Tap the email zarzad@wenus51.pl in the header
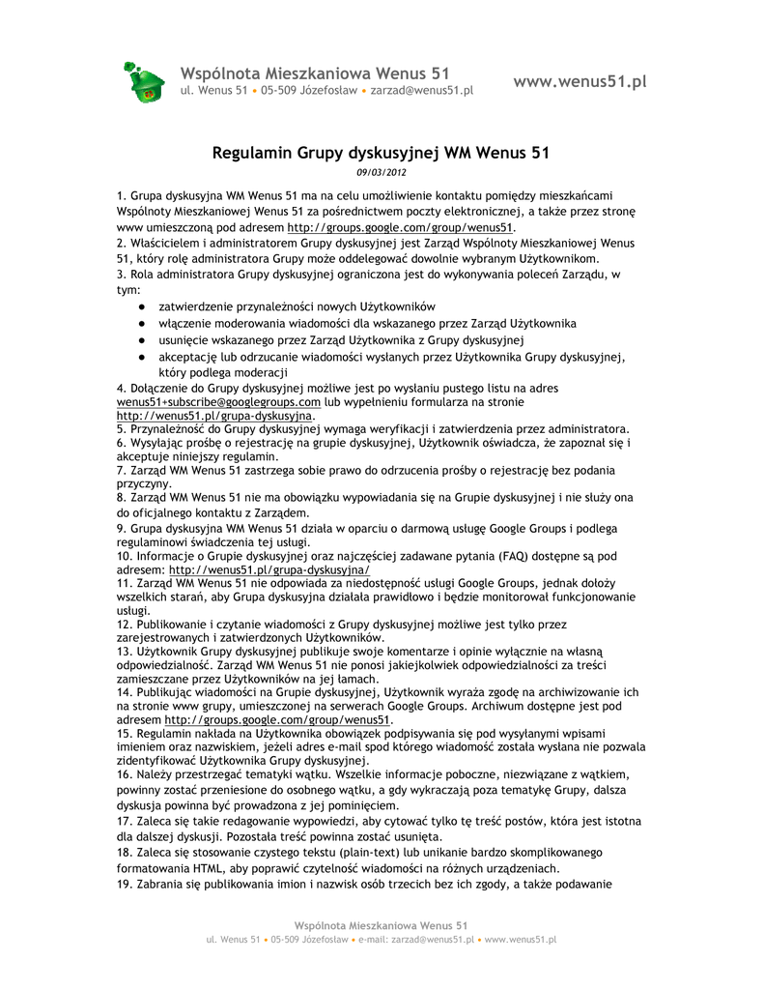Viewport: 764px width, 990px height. point(421,91)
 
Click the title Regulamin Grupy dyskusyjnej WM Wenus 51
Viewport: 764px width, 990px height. point(381,152)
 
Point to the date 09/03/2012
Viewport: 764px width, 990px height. point(381,172)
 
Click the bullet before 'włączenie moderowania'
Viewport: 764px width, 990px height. point(141,323)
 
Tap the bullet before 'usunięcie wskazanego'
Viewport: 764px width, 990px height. point(141,340)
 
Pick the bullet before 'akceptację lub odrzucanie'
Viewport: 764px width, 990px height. point(141,357)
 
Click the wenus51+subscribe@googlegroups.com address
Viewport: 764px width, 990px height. point(218,401)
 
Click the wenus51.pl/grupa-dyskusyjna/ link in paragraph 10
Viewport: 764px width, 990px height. point(264,570)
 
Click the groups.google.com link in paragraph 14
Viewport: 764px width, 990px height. point(278,719)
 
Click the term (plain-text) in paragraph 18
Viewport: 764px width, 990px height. point(374,852)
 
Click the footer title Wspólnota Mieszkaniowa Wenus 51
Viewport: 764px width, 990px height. point(382,925)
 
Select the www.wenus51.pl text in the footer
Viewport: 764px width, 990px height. point(520,939)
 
